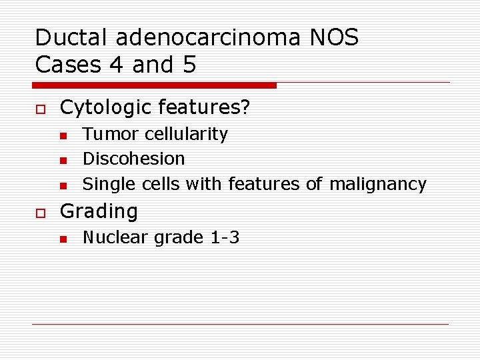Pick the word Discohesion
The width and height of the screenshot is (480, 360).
[133, 159]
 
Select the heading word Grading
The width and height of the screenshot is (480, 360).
[99, 211]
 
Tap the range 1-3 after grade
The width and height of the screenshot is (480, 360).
[224, 237]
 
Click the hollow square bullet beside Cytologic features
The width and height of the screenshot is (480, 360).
[40, 108]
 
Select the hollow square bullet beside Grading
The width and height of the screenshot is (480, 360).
[40, 212]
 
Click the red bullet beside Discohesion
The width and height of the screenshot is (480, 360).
[63, 160]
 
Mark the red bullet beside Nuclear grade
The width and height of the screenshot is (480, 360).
[63, 239]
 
